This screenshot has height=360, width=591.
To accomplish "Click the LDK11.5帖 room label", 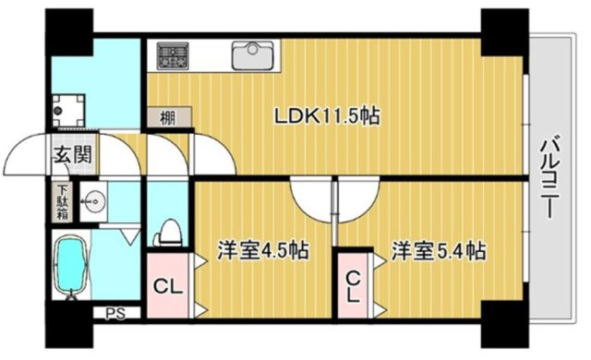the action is coord(327,116).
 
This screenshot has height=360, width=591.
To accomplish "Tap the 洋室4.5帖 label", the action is coord(262,250).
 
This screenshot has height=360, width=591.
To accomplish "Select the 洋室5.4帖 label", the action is coord(439,250).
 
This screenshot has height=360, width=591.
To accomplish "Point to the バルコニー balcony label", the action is coord(550,176).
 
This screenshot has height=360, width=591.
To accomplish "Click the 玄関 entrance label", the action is coord(73,154).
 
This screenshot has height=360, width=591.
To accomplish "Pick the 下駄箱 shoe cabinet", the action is coord(63,202).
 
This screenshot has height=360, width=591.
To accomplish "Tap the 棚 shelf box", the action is coord(169,117).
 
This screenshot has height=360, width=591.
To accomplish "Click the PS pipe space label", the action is coord(115,313).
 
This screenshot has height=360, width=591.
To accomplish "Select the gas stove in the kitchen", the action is coord(173,56).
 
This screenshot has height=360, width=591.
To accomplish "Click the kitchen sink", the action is coord(252,55).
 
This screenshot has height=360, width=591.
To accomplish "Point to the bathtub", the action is coord(71,266).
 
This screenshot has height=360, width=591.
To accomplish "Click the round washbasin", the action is coord(93,201).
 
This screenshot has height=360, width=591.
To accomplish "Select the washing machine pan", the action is coord(68,111).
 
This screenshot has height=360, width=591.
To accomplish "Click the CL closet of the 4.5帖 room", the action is coord(168,285).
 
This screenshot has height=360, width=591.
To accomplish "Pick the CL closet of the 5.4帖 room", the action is coord(353,285).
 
